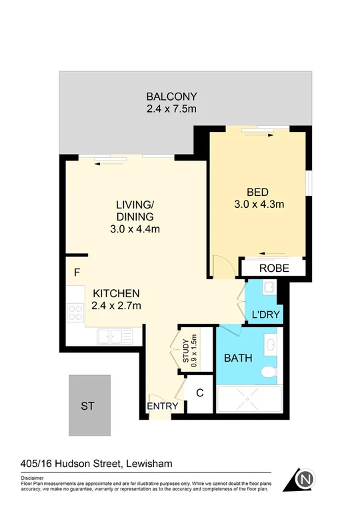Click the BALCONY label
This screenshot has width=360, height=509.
pos(172,96)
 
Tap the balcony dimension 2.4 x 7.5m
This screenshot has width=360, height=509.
pos(172,109)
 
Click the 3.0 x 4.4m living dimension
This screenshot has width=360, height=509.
pos(135,229)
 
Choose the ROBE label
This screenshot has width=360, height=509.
pos(273,268)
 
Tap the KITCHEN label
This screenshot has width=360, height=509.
pos(116,293)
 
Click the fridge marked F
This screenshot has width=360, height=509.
pos(77,272)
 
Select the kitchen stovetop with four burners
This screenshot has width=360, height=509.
pos(75,312)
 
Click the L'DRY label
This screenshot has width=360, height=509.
pos(265,314)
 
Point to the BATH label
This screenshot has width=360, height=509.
pos(238,358)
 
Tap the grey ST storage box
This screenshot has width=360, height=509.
pos(89,404)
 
